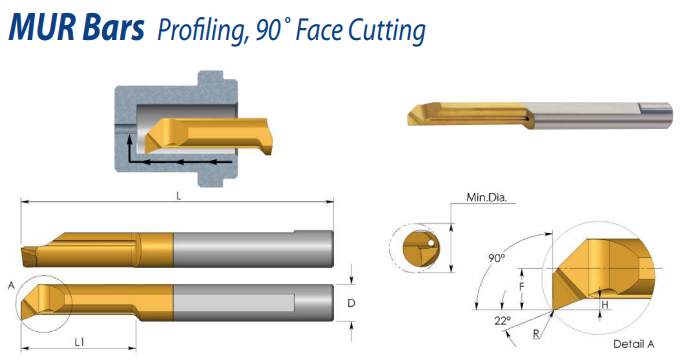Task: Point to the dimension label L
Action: (179, 196)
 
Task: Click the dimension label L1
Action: (79, 343)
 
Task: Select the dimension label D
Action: (351, 303)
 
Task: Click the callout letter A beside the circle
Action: (11, 286)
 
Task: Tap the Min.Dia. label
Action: (486, 198)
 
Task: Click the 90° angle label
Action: (497, 258)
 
